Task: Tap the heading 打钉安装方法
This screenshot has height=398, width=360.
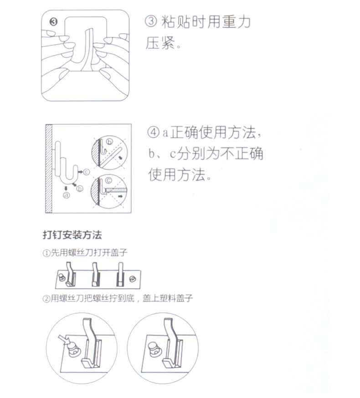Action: tap(72, 235)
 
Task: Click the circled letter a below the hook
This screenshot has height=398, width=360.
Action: tap(66, 196)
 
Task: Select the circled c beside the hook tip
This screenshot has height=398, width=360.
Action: tap(87, 172)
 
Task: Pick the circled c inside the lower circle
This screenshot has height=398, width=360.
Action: tap(109, 180)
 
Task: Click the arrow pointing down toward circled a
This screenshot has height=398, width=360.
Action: tap(66, 187)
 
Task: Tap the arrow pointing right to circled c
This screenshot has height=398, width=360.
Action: tap(80, 172)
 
